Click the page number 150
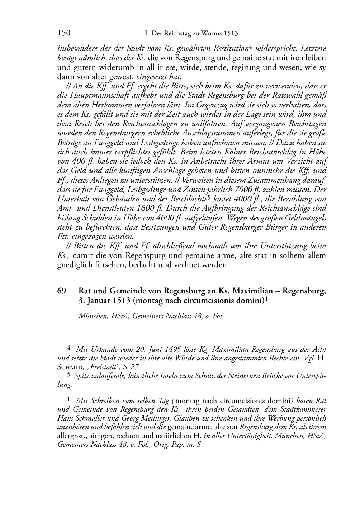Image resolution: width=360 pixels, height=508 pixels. tap(64, 33)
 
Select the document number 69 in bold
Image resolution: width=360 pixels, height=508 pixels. tap(62, 291)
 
